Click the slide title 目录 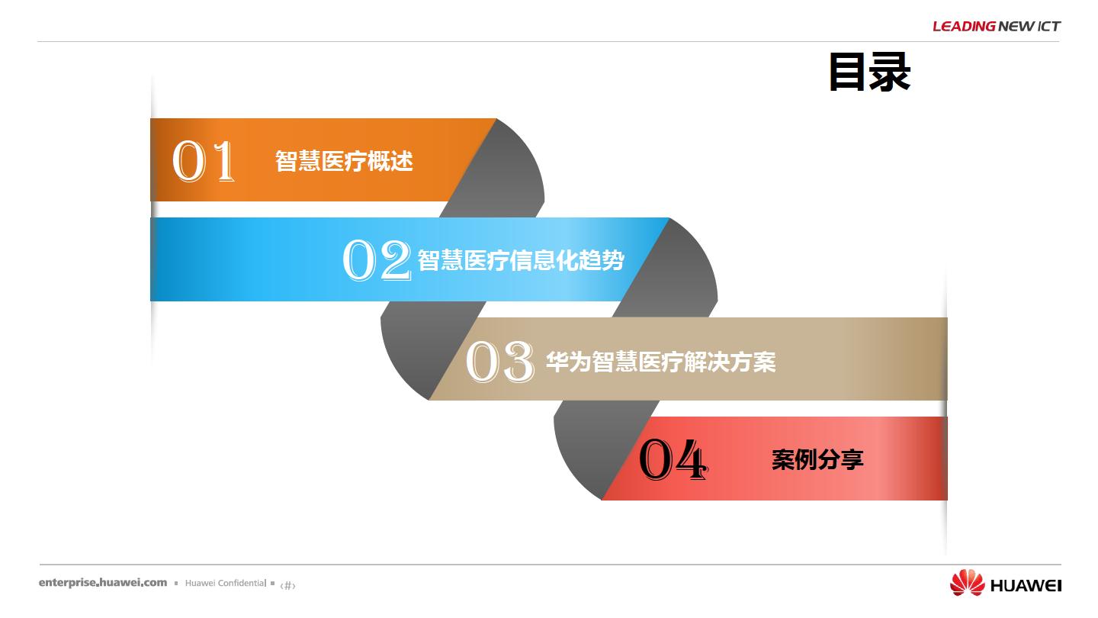(869, 72)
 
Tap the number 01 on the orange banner (204, 160)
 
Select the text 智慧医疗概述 (344, 161)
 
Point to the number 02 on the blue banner (377, 260)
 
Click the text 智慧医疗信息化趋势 (521, 260)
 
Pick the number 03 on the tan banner (500, 362)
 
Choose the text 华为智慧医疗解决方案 (661, 362)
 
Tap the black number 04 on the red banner (673, 459)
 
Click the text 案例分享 (817, 459)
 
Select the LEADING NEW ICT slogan (997, 26)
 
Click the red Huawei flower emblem (967, 583)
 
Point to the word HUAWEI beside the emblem (1026, 585)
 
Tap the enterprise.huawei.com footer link (103, 583)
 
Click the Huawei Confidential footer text (226, 583)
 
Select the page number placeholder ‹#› (287, 585)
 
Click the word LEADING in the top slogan (964, 26)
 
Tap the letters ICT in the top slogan (1049, 26)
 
